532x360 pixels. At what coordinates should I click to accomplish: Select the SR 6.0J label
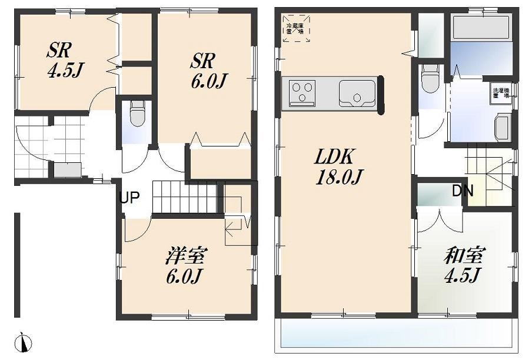point(206,70)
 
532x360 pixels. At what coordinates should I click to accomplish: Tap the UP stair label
point(129,198)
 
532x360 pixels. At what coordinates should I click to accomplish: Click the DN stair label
point(463,191)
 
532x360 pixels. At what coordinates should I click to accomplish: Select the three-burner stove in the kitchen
point(302,93)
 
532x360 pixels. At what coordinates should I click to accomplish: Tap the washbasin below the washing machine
point(502,128)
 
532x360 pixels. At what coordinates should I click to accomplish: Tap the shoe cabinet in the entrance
point(68,169)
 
